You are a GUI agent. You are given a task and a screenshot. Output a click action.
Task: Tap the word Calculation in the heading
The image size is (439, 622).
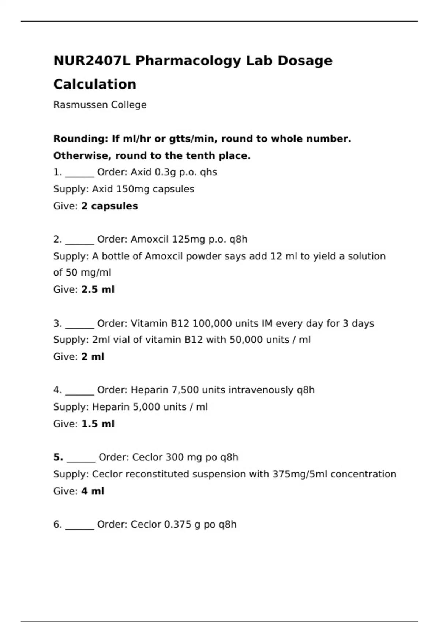[95, 85]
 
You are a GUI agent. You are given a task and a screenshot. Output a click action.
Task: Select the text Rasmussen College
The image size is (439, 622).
[100, 105]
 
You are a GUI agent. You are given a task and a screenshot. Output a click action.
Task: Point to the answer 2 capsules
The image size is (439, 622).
[109, 206]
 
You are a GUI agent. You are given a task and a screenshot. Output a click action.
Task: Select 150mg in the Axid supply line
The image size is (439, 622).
[132, 189]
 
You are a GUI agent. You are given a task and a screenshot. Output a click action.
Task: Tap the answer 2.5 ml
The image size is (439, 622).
[98, 289]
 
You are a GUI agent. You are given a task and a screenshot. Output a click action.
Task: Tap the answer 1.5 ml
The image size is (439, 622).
[98, 424]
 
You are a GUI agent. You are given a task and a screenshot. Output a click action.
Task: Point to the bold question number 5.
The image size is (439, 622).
[58, 457]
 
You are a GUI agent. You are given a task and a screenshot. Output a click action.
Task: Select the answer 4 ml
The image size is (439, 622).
[93, 491]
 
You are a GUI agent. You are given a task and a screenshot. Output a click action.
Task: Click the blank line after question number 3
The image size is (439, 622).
[80, 326]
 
